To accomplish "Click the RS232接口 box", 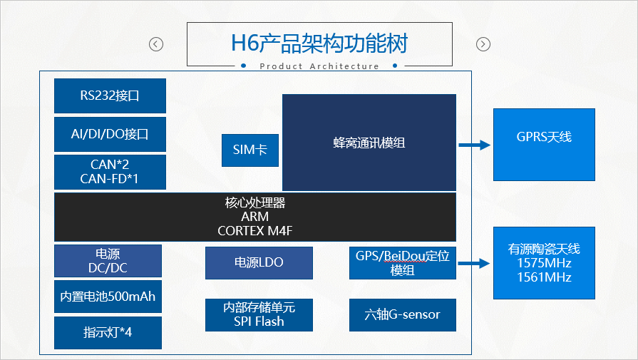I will click(110, 96).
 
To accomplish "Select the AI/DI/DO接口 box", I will click(110, 134).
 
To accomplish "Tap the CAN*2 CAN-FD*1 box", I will click(110, 172).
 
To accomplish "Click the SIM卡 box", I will click(249, 150).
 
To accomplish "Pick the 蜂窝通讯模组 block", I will click(369, 143).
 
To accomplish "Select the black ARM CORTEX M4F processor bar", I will click(255, 217).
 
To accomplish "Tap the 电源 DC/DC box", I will click(108, 261).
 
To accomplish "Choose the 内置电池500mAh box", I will click(108, 297).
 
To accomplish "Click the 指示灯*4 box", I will click(108, 332).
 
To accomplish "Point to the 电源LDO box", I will click(259, 262).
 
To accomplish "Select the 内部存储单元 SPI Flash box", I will click(259, 314).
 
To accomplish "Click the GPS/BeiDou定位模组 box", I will click(402, 263).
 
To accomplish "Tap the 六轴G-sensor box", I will click(402, 314).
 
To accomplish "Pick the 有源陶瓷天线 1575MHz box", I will click(544, 263).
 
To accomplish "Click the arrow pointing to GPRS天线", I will click(474, 145).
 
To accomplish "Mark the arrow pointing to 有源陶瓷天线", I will click(474, 263).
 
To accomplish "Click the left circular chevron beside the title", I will click(156, 44).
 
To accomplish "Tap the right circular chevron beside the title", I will click(483, 44).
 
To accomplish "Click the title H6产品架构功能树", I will click(319, 44).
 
